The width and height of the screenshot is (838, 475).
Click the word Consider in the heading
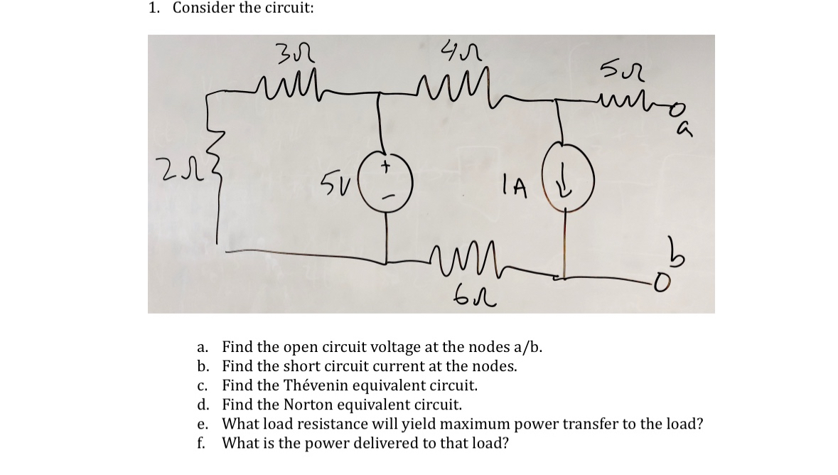(x=201, y=9)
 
